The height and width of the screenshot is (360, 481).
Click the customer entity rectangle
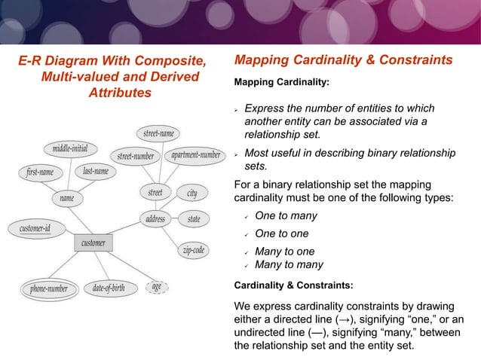tap(93, 243)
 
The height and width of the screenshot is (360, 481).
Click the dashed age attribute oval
tap(156, 287)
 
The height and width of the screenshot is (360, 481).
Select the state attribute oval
tap(194, 220)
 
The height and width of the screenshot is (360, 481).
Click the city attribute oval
tap(192, 194)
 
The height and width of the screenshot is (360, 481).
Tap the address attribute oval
tap(155, 220)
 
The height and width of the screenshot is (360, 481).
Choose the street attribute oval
tap(155, 193)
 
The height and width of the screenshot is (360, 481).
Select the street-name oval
tap(158, 133)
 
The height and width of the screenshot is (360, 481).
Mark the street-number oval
tap(136, 157)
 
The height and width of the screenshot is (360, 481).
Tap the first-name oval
tap(40, 172)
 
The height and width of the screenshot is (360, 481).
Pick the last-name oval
tap(95, 172)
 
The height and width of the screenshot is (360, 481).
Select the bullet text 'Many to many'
tap(290, 264)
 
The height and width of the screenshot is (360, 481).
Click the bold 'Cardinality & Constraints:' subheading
tap(294, 285)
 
